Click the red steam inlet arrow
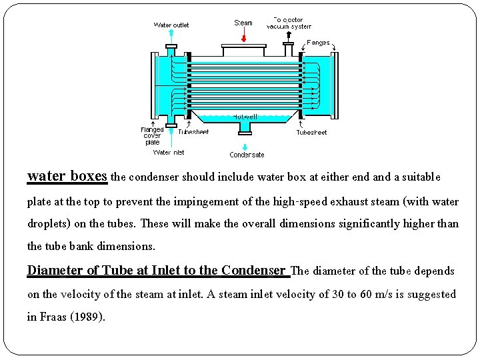point(243,37)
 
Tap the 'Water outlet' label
point(171,25)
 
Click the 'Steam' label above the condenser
point(243,23)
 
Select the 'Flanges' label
point(318,43)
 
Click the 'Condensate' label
point(247,155)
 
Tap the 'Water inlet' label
point(169,152)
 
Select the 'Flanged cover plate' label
point(152,136)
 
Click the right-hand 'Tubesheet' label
point(311,133)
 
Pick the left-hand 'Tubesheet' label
point(193,132)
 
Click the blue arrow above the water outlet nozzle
point(171,35)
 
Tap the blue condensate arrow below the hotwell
point(245,146)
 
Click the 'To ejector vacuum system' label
point(289,23)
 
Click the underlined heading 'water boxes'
point(67,176)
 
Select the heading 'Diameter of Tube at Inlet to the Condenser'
point(158,270)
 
